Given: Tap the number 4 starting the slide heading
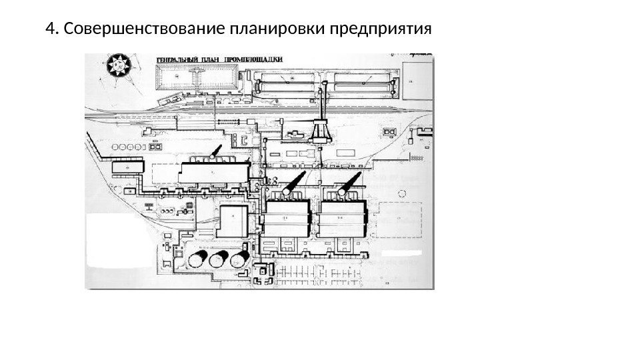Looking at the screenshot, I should [48, 31].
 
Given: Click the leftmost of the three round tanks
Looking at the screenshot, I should [199, 260].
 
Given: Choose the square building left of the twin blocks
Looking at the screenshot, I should [234, 220].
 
